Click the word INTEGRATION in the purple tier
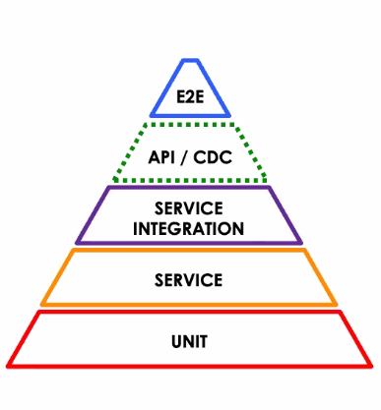190,228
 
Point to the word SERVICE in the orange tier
190,280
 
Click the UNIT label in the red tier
190,343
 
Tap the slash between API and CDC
192,155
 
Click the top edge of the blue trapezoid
190,61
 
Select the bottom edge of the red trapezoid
190,366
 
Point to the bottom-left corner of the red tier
9,366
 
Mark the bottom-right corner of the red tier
371,366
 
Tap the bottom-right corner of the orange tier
337,304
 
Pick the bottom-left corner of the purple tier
77,242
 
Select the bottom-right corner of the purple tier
302,242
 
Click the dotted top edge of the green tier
190,124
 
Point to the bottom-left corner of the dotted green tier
112,181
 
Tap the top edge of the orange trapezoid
190,251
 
